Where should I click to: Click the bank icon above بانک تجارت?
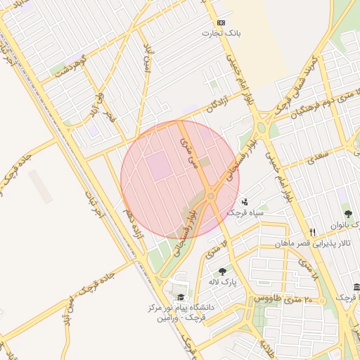click(221, 22)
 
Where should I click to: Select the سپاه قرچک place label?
click(244, 212)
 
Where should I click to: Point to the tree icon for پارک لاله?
click(222, 271)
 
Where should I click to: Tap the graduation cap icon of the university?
click(182, 297)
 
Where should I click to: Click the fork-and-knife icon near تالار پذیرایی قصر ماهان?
click(311, 232)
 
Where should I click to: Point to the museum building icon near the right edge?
click(355, 287)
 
